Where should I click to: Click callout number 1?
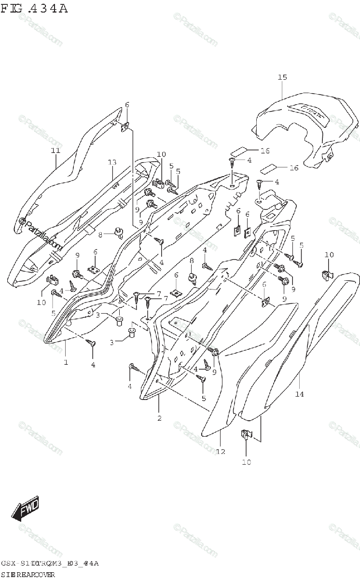(x=66, y=362)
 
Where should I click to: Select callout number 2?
(x=159, y=418)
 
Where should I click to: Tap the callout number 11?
(x=55, y=151)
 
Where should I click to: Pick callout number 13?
(x=112, y=162)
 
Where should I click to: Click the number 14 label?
(x=299, y=394)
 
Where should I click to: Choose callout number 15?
(x=282, y=77)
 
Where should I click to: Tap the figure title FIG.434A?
(x=34, y=8)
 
